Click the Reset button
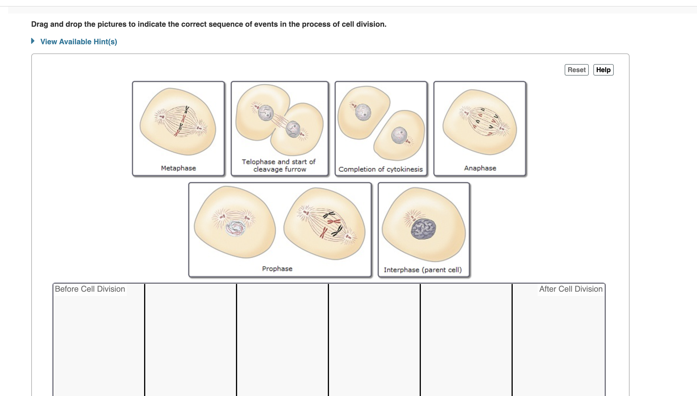576,70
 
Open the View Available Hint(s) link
79,42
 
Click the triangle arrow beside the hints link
33,41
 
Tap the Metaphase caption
179,168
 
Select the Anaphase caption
480,168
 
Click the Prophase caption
277,269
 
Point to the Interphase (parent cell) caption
423,270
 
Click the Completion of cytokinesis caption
381,169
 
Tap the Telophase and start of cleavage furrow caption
279,166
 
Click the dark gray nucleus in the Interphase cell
423,229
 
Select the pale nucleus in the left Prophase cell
235,228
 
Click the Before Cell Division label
90,289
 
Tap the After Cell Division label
571,289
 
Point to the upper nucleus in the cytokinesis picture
363,112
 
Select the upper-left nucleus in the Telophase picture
266,113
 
